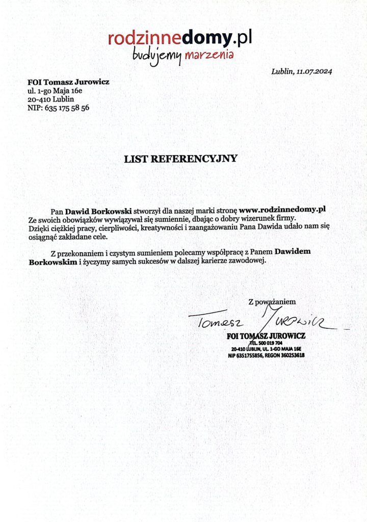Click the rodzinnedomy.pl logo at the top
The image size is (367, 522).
click(180, 38)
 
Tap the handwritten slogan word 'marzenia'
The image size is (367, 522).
click(209, 54)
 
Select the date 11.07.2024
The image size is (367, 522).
click(313, 71)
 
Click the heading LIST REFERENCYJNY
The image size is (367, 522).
click(181, 158)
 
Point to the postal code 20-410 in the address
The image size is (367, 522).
click(38, 99)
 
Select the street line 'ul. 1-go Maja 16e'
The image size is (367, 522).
click(55, 90)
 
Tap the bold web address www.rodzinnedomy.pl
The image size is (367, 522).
click(282, 209)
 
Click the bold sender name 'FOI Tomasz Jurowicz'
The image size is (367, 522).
click(68, 82)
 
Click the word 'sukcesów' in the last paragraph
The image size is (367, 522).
click(153, 260)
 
